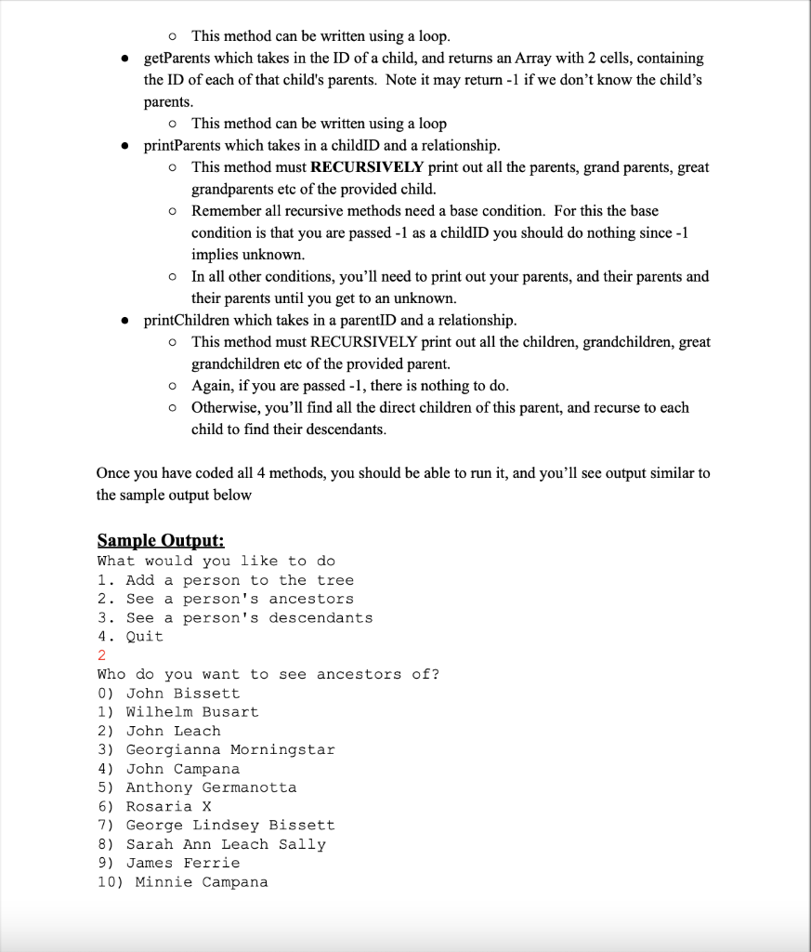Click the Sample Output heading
coord(161,540)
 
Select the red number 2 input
coord(102,655)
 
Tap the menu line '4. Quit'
coord(130,637)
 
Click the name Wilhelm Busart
coord(192,712)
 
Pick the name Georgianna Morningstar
coord(230,749)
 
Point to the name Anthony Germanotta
coord(211,787)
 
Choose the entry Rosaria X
coord(168,806)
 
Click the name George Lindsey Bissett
coord(230,825)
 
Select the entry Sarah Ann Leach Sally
coord(226,844)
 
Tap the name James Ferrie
coord(183,863)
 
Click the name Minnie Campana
coord(202,881)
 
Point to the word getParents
coord(180,59)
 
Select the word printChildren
coord(188,321)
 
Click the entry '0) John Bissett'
coord(168,694)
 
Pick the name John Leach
coord(174,731)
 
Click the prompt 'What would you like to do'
coord(216,561)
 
